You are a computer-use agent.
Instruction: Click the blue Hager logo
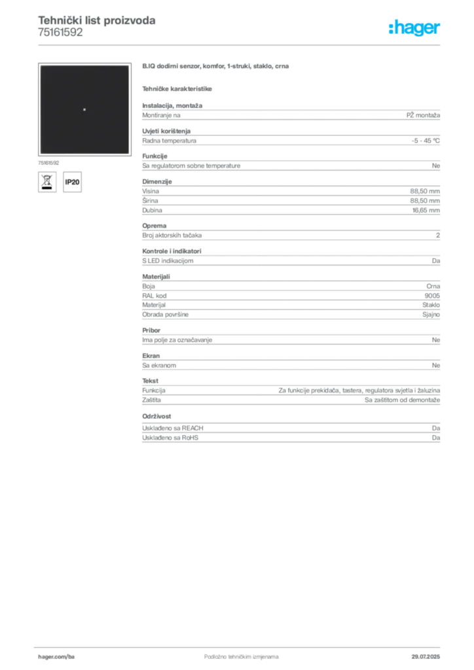click(415, 28)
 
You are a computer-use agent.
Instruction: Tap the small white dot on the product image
click(84, 109)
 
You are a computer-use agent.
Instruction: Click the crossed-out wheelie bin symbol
click(46, 182)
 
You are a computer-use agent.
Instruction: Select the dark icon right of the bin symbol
click(74, 181)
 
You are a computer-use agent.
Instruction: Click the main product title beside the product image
click(217, 67)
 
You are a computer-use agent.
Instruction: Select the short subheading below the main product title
click(178, 88)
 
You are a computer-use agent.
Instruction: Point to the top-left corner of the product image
click(40, 65)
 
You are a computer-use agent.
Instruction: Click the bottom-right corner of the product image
click(129, 154)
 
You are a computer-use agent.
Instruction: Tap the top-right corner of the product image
click(129, 65)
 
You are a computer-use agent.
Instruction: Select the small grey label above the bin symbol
click(49, 161)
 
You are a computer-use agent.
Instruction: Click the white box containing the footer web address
click(73, 656)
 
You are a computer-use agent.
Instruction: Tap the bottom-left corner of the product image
click(40, 154)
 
